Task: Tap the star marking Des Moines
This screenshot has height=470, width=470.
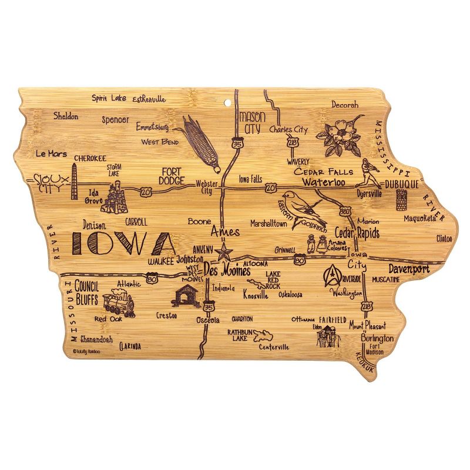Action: pos(223,254)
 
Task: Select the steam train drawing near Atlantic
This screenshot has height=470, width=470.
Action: pos(118,303)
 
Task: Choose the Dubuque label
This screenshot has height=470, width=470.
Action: pos(402,184)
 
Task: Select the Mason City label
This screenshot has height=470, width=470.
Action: pos(252,121)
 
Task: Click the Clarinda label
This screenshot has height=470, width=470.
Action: pos(129,346)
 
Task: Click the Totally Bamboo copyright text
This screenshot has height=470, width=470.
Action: pos(88,351)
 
